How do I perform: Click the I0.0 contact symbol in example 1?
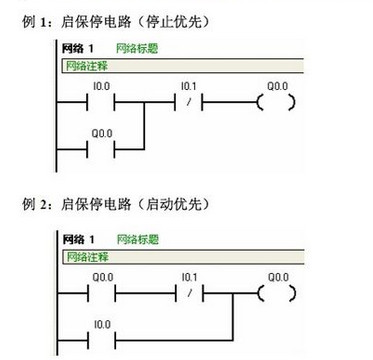point(102,102)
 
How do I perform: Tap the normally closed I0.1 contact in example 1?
point(189,102)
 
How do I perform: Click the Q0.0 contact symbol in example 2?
point(102,293)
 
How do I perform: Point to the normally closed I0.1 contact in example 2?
point(189,293)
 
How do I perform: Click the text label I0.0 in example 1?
point(102,87)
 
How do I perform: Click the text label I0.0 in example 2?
point(102,324)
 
